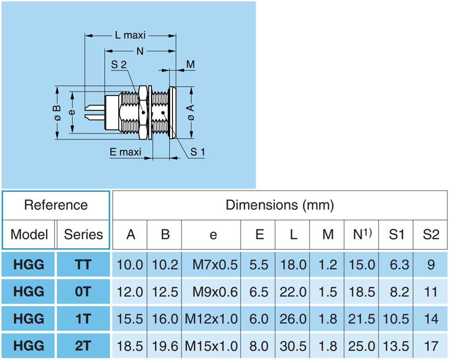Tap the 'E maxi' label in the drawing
click(x=126, y=152)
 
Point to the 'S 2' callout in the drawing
click(x=119, y=65)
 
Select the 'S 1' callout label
click(x=197, y=152)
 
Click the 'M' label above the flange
click(x=190, y=64)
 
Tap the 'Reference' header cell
click(x=56, y=205)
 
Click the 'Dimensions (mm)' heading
click(x=279, y=205)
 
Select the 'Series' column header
click(x=83, y=234)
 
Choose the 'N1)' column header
click(x=361, y=234)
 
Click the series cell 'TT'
click(x=83, y=265)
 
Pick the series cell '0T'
click(x=83, y=292)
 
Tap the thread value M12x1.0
click(x=211, y=319)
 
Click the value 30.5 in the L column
click(x=293, y=346)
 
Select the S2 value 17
click(x=431, y=346)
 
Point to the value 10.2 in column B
click(x=165, y=265)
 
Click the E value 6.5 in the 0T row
click(x=259, y=292)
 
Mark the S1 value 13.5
click(x=396, y=346)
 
